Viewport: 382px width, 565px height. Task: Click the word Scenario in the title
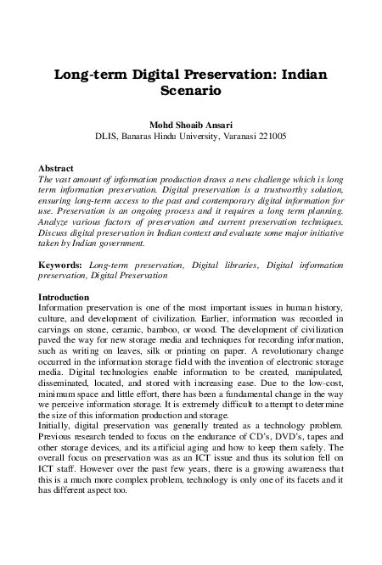(191, 88)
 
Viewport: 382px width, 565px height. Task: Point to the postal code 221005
(267, 134)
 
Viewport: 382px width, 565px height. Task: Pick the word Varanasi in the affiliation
(222, 134)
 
